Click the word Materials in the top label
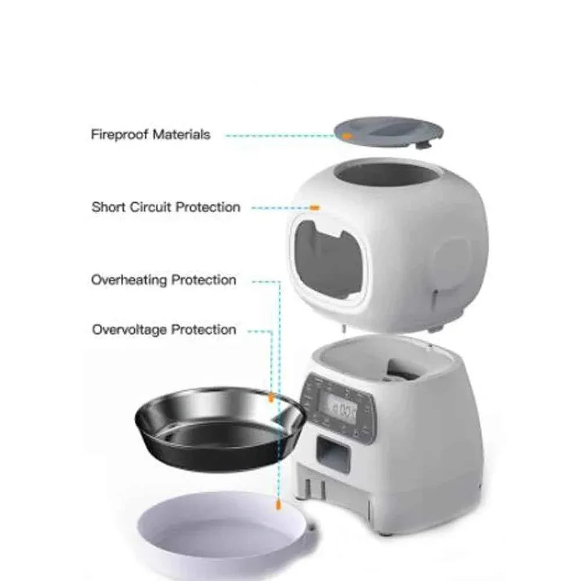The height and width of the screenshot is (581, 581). click(181, 135)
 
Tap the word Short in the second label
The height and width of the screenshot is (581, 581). click(107, 207)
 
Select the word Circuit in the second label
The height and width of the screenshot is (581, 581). click(149, 207)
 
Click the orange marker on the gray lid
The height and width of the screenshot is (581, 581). click(347, 135)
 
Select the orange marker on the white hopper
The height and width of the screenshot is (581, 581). click(314, 207)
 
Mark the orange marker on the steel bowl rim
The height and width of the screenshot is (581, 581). click(271, 398)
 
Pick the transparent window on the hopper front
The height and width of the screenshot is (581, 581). click(328, 261)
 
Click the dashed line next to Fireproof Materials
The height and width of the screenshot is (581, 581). click(279, 135)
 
